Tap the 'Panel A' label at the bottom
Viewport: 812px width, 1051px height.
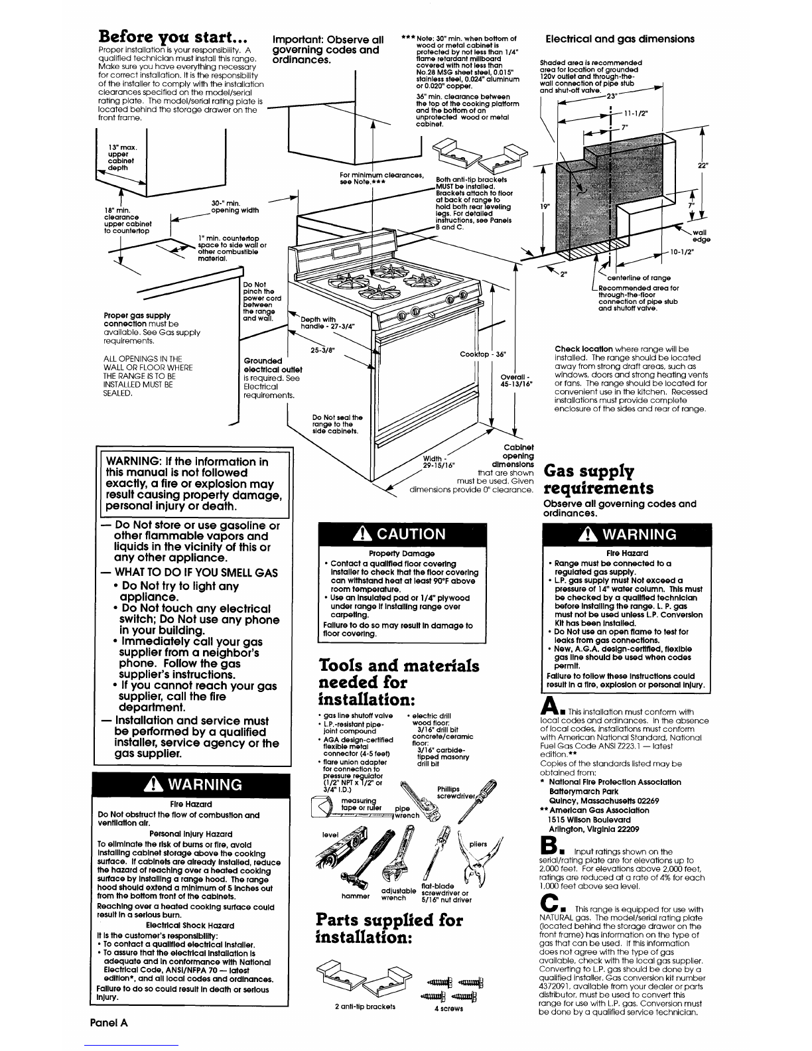pos(109,1022)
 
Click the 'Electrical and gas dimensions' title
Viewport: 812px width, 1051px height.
pos(619,38)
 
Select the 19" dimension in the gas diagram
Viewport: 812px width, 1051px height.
pos(543,206)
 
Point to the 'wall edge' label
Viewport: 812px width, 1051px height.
pos(699,236)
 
